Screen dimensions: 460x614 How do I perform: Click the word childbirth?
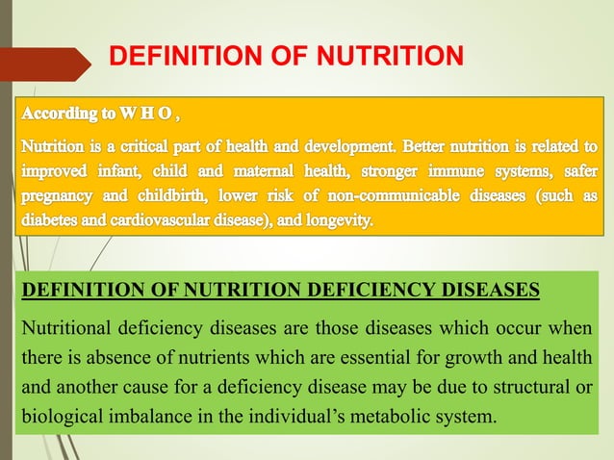coord(173,197)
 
